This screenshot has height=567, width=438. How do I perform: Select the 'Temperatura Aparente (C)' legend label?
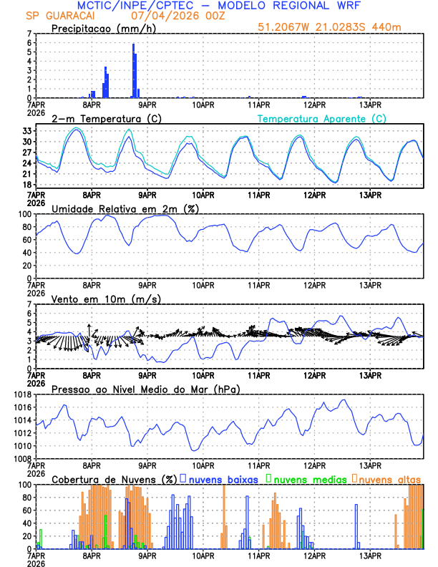tap(322, 118)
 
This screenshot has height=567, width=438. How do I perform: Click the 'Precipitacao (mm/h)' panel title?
tap(104, 29)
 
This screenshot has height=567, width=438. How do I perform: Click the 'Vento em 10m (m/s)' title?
tap(106, 299)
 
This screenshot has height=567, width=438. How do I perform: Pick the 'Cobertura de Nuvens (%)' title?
tap(113, 478)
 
